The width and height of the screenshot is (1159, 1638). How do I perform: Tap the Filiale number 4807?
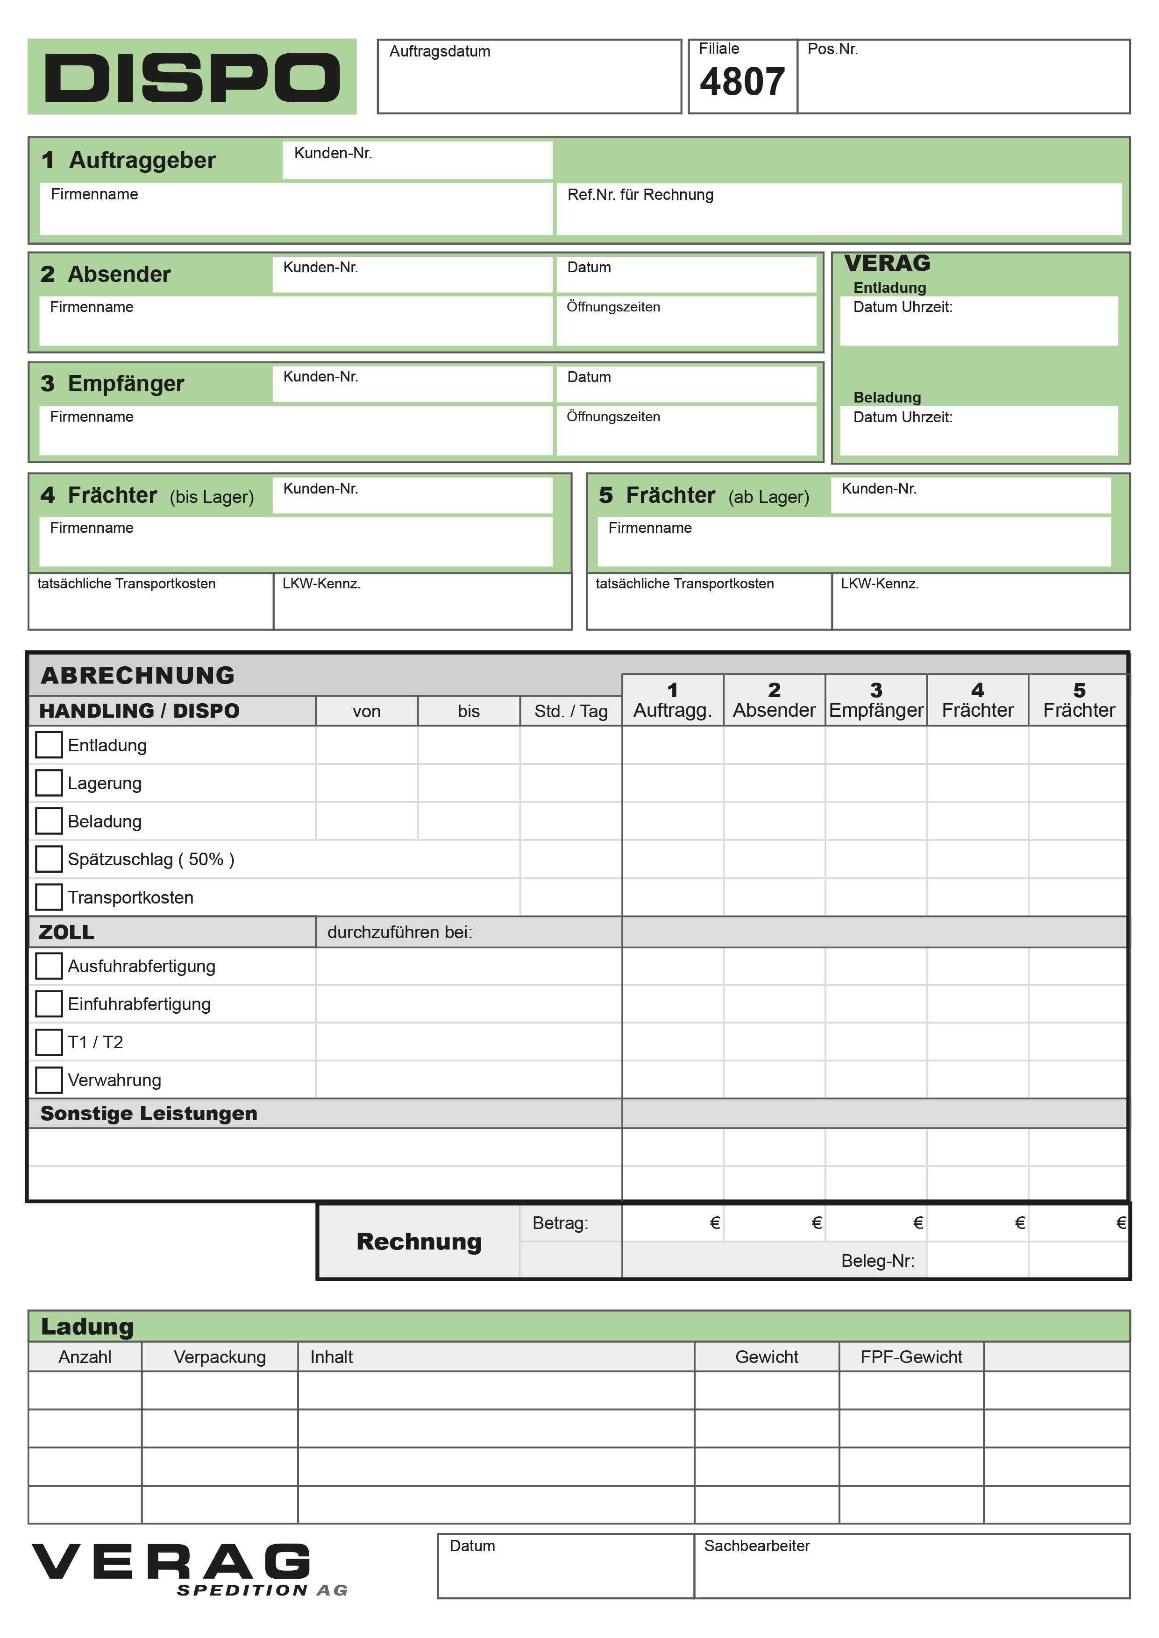[x=742, y=82]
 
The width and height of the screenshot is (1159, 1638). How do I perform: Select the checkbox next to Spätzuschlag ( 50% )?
[x=49, y=859]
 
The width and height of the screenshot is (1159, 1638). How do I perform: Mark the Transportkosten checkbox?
[x=49, y=897]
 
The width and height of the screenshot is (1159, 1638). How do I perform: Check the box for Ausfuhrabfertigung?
[x=49, y=966]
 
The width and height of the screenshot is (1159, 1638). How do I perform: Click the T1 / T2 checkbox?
[x=49, y=1042]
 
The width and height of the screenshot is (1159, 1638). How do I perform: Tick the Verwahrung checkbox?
[x=49, y=1080]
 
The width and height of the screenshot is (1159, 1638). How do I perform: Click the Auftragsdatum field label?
[x=440, y=51]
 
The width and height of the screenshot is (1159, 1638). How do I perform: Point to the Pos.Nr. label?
[x=832, y=49]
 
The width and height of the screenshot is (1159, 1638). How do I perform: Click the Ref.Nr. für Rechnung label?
[x=640, y=195]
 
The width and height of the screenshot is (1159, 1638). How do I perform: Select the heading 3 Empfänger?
[x=113, y=384]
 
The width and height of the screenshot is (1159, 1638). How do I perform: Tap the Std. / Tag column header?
[x=571, y=711]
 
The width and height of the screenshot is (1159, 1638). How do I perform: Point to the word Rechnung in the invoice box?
[x=419, y=1242]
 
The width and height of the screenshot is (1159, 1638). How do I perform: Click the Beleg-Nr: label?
[x=878, y=1261]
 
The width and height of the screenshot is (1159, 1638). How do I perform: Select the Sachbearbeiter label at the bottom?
[x=756, y=1546]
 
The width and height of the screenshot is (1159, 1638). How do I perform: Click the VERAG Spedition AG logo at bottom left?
[x=189, y=1569]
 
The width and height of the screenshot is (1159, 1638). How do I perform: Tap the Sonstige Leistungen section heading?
[x=149, y=1114]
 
